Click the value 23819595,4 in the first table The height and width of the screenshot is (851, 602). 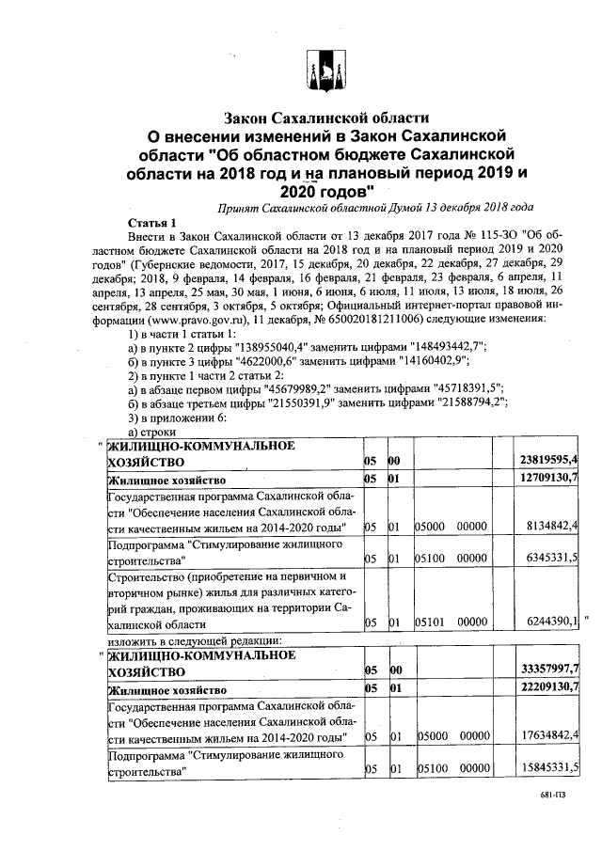[548, 460]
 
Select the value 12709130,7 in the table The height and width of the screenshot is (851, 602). [548, 480]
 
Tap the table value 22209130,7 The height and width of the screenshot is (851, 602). [548, 688]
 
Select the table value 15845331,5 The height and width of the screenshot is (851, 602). [548, 769]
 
